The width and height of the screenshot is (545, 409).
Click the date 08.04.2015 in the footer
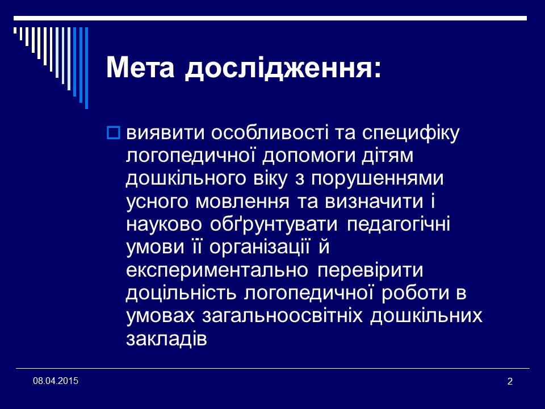click(56, 380)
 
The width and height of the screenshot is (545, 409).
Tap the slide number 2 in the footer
click(509, 381)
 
